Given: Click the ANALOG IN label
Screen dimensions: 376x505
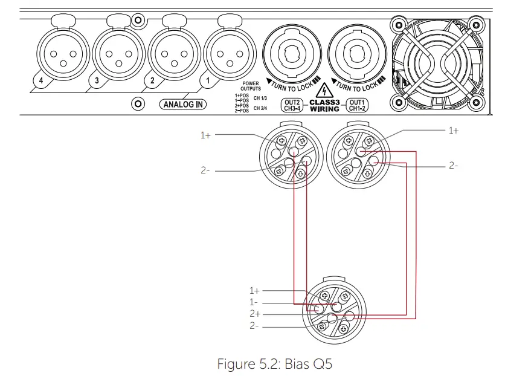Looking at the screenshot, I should pyautogui.click(x=183, y=105).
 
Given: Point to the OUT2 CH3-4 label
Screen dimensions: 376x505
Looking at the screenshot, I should pyautogui.click(x=292, y=105).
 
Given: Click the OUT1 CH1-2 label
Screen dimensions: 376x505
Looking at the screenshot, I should pyautogui.click(x=357, y=105).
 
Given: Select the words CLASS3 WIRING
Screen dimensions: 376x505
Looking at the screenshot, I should pyautogui.click(x=324, y=106).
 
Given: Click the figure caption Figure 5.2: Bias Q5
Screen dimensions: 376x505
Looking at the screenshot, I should pyautogui.click(x=274, y=364).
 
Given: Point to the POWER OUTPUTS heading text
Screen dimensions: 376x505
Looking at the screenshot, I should pyautogui.click(x=251, y=86).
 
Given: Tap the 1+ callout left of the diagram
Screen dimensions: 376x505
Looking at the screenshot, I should pyautogui.click(x=206, y=135).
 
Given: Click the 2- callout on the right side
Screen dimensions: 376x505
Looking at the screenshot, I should pyautogui.click(x=453, y=165).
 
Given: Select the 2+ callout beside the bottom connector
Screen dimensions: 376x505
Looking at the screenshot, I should pyautogui.click(x=254, y=314).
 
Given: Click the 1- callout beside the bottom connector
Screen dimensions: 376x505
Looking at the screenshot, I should pyautogui.click(x=254, y=302).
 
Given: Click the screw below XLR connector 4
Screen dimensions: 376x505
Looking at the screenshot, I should pyautogui.click(x=138, y=105).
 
